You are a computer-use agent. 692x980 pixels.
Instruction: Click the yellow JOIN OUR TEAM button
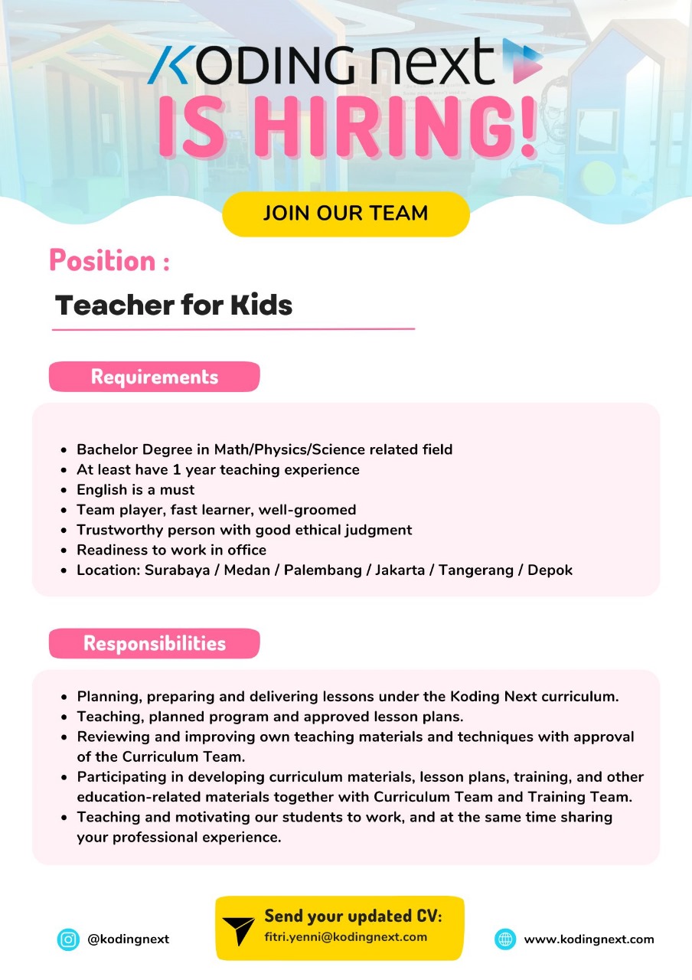[x=345, y=213]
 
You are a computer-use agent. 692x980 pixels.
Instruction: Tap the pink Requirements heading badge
[x=154, y=377]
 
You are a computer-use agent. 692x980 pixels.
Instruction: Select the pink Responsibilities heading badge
[x=154, y=643]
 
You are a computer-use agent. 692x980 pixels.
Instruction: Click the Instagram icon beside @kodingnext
[x=68, y=939]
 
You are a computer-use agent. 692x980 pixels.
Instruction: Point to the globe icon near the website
[x=505, y=939]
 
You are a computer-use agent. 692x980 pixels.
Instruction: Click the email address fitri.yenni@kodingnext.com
[x=346, y=937]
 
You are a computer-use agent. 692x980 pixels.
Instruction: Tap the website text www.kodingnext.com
[x=589, y=939]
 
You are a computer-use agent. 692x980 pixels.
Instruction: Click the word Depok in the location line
[x=550, y=570]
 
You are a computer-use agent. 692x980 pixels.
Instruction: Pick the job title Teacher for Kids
[x=174, y=305]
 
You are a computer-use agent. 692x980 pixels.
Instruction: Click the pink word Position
[x=103, y=261]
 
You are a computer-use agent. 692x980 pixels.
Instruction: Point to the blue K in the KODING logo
[x=169, y=65]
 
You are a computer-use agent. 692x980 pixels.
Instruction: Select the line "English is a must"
[x=135, y=489]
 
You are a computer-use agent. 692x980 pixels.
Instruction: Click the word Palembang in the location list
[x=323, y=570]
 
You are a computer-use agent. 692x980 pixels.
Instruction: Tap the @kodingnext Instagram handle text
[x=128, y=939]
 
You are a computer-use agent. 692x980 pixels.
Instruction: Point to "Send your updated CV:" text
[x=353, y=916]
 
